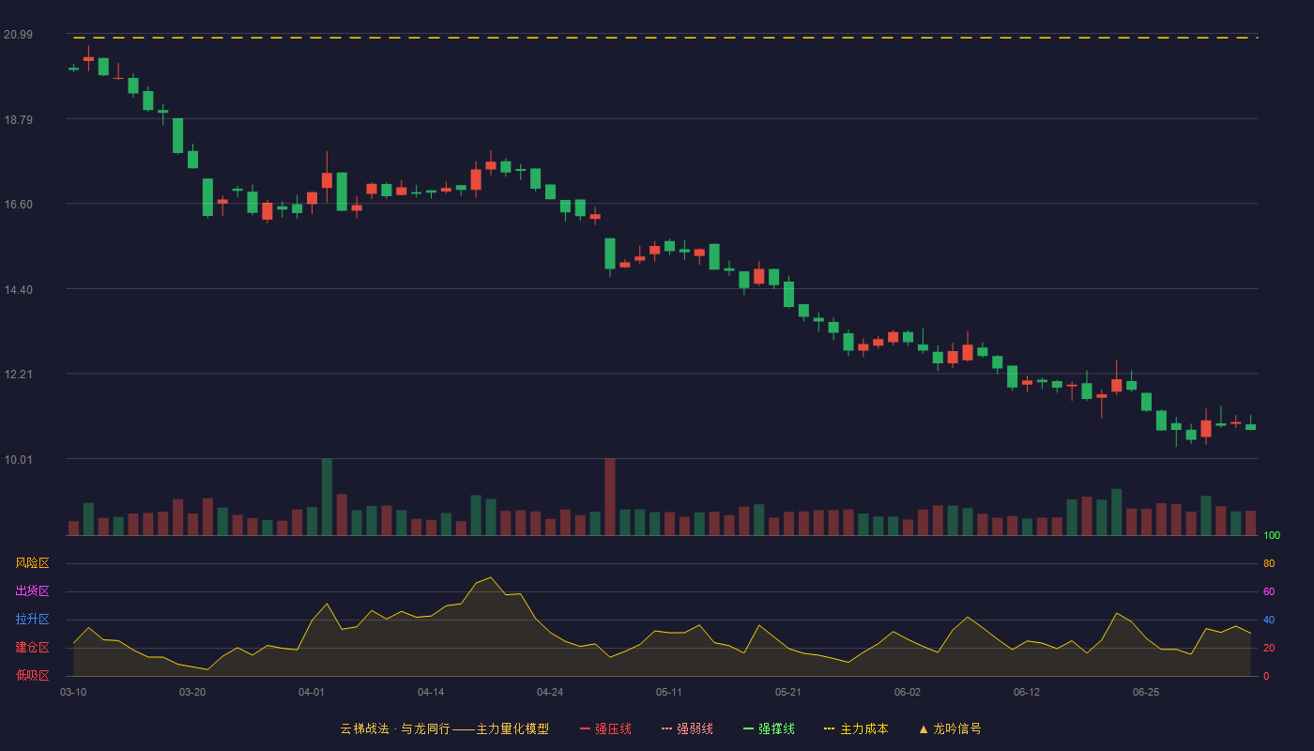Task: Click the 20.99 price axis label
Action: coord(18,35)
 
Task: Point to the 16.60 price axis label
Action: coord(18,205)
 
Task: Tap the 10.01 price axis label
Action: coord(18,459)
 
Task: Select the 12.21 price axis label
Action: coord(18,375)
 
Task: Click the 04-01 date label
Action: coord(311,693)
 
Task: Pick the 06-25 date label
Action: coord(1146,693)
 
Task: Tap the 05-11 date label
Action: coord(668,693)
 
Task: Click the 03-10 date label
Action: coord(73,693)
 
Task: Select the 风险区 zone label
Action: coord(32,563)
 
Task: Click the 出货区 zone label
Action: coord(32,590)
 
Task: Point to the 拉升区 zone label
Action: coord(32,619)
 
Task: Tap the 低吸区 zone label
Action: coord(32,675)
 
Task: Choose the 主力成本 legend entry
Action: coord(856,728)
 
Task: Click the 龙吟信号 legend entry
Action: coord(950,728)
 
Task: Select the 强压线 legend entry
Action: coord(605,728)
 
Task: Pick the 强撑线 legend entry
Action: coord(769,728)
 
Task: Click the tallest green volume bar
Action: coord(327,497)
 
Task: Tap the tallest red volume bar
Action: coord(610,497)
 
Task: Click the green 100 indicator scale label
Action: coord(1272,535)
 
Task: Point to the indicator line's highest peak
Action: coord(491,578)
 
